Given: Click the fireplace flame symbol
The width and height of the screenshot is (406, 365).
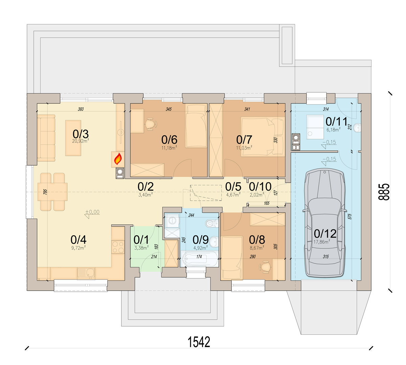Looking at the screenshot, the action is point(118,159).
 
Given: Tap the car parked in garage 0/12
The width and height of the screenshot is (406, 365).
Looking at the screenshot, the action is point(325,223).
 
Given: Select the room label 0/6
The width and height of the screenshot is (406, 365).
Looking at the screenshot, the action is point(169,140).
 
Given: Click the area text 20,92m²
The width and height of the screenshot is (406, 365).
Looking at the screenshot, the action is point(80,141).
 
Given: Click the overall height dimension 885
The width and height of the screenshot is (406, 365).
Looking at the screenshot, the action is point(384,192).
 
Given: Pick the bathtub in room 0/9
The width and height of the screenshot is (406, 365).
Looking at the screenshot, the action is point(199,259).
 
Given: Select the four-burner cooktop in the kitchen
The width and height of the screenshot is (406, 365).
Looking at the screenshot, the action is point(118,247).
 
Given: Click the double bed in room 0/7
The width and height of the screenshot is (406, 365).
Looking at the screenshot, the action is point(263,137).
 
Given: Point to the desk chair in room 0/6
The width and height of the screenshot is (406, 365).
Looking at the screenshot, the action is point(151,124).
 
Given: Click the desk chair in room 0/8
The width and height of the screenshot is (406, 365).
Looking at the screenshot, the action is point(265,267).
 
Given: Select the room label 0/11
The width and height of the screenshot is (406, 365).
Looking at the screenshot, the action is point(336,122).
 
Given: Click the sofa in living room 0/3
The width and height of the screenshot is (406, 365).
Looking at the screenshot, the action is point(46,138).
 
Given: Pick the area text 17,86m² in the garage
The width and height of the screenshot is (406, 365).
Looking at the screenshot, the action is point(322,242).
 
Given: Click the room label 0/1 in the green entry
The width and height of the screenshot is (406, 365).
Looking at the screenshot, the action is point(141,240).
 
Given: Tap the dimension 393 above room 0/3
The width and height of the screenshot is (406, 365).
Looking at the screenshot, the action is point(81,109).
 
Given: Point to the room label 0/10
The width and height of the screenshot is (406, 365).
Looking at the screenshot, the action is point(260,187).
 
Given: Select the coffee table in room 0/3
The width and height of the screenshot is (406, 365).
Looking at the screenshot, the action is point(73,138).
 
